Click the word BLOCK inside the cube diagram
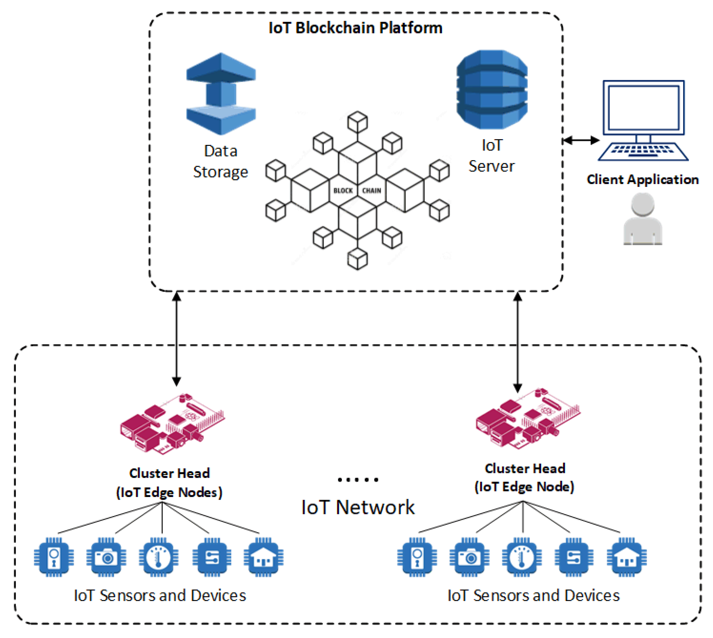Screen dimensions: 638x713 coord(343,190)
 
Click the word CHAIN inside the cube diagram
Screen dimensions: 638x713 coord(371,190)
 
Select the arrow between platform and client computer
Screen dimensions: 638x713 coord(581,140)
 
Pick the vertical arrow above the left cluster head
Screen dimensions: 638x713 coord(176,339)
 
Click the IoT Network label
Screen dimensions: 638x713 coord(358,507)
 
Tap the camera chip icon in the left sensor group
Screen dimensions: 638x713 coord(106,557)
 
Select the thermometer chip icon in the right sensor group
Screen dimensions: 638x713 coord(521,557)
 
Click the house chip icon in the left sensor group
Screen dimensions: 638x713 coord(263,557)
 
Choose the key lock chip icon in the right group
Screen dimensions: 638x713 coord(417,557)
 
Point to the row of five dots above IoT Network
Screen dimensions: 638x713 coord(358,480)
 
